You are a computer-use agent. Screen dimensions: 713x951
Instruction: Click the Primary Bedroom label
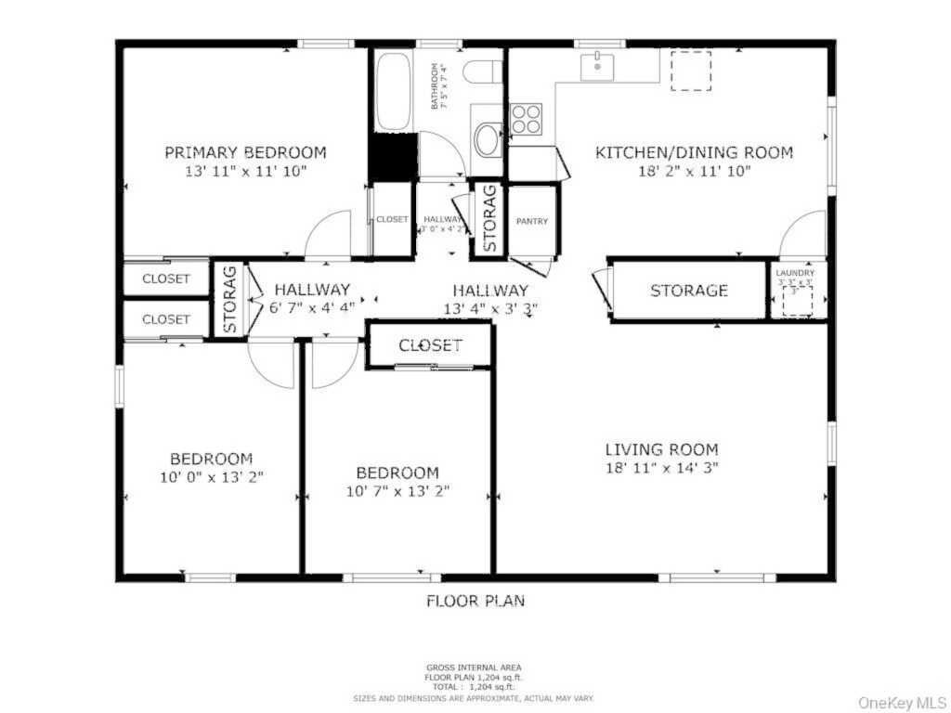coord(245,152)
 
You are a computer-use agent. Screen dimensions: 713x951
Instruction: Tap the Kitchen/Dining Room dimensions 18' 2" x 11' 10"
coord(694,171)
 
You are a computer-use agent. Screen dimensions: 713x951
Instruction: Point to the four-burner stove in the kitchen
coord(526,119)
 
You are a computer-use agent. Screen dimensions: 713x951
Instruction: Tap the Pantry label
coord(532,221)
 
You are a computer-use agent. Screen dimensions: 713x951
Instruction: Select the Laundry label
coord(796,273)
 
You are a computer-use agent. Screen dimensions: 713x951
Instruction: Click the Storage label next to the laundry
coord(688,291)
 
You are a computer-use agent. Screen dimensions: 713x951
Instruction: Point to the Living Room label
coord(660,449)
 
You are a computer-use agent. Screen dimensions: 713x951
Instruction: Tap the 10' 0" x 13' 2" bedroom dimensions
coord(211,477)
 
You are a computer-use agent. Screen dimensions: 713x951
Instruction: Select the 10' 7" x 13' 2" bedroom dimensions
coord(397,490)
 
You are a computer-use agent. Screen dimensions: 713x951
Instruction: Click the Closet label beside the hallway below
coord(430,345)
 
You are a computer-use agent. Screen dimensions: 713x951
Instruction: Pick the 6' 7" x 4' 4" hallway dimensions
coord(311,306)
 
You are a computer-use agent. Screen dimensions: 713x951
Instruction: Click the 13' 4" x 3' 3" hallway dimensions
coord(490,308)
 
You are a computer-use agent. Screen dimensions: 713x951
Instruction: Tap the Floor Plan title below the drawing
coord(475,601)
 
